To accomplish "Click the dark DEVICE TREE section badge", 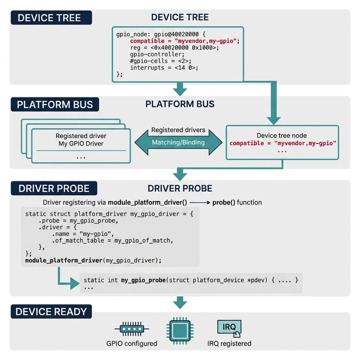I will tap(51, 18).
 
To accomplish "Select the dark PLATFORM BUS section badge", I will tap(55, 104).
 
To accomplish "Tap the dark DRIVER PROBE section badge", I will tap(54, 188).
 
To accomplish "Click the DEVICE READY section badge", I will tap(51, 311).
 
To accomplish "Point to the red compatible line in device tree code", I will tap(185, 41).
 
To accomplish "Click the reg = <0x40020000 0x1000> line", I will tap(174, 48).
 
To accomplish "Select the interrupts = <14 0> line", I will tap(164, 67).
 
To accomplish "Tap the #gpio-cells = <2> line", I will tap(157, 61).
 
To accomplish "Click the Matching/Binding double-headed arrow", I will tap(179, 142).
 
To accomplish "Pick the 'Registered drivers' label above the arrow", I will tap(178, 130).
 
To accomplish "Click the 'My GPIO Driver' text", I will tap(81, 143).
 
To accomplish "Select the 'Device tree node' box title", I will tap(282, 135).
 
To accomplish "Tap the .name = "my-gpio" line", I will tap(83, 234).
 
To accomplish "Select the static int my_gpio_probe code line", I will tap(191, 280).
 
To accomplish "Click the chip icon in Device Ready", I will tap(180, 330).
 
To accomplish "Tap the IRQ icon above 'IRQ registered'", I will tap(230, 328).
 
